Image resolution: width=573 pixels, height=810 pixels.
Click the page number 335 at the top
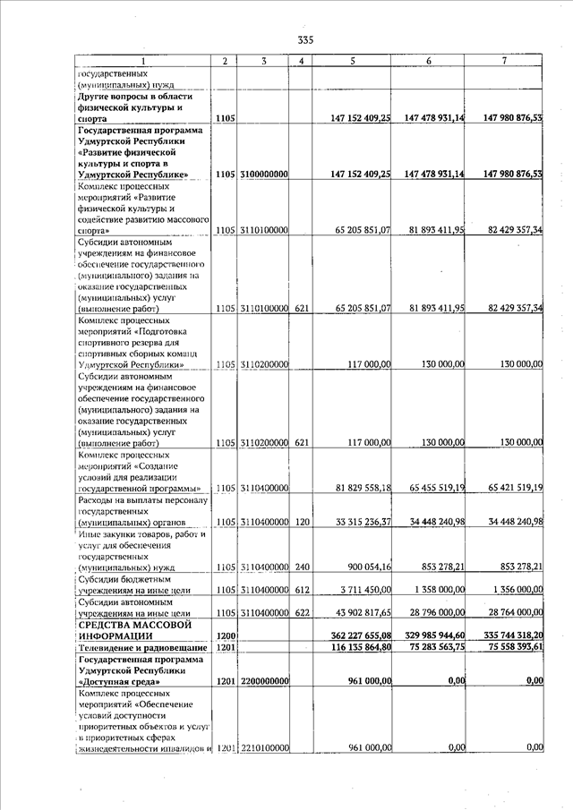point(305,39)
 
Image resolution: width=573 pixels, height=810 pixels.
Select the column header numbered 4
point(302,61)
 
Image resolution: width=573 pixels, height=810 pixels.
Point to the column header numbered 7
point(505,61)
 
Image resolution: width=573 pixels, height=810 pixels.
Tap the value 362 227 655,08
point(355,635)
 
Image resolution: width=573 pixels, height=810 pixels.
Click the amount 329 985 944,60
point(428,635)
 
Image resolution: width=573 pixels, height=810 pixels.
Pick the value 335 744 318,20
point(508,635)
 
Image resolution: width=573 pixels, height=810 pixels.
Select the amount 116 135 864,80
point(355,646)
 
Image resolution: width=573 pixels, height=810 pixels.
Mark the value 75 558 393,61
point(508,646)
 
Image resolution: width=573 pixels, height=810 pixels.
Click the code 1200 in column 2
point(226,635)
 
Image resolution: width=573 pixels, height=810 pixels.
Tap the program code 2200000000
point(263,681)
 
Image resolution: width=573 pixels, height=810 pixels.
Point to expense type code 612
point(302,590)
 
